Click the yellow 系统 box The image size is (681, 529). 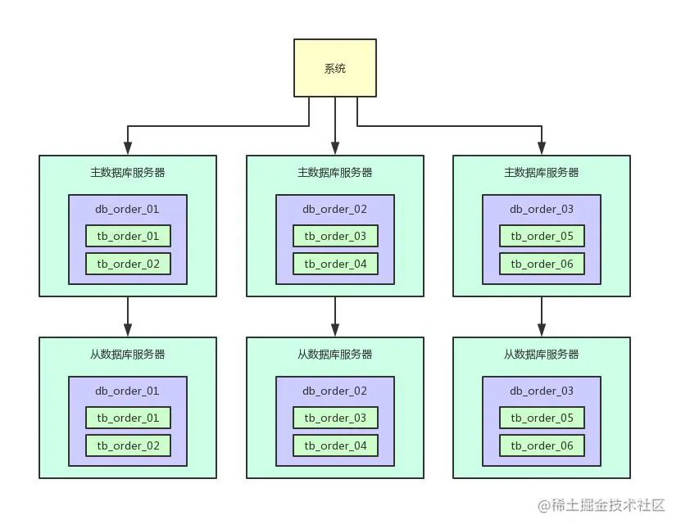pos(335,68)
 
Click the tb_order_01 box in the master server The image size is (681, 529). pos(128,236)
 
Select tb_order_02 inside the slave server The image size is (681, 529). pos(128,445)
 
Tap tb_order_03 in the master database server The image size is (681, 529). pos(335,236)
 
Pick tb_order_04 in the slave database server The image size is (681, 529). pos(335,445)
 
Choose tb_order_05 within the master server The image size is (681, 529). pos(542,236)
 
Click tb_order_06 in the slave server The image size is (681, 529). pos(542,445)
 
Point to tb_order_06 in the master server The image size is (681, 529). pos(542,264)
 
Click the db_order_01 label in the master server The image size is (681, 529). pos(127,209)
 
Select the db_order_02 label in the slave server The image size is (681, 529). pos(335,391)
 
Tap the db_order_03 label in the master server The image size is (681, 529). pos(542,209)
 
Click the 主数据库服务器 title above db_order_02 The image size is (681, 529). pos(335,172)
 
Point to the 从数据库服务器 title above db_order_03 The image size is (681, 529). pos(541,354)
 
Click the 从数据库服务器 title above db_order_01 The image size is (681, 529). pos(128,354)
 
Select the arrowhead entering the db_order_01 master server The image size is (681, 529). pos(128,148)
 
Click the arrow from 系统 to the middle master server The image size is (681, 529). pos(335,126)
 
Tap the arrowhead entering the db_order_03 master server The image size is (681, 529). pos(542,148)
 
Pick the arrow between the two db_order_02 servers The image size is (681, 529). pos(335,317)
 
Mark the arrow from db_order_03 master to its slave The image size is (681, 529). pos(542,317)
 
